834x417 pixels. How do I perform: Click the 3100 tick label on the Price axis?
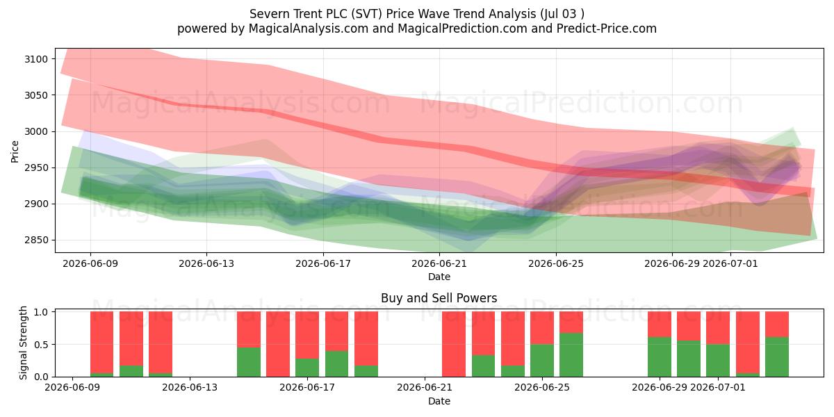pos(36,59)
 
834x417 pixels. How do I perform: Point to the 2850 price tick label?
pos(36,240)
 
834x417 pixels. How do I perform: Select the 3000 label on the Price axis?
pos(36,131)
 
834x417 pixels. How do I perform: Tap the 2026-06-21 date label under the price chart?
pos(439,263)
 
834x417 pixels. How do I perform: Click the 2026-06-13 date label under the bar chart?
pos(190,387)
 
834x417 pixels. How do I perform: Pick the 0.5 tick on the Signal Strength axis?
pos(41,345)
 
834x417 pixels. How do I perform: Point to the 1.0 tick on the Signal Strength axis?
pos(41,312)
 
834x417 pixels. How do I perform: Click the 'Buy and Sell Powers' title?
pos(439,298)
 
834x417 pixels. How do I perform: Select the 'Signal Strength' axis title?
pos(23,343)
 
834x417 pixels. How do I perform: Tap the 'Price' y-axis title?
pos(15,152)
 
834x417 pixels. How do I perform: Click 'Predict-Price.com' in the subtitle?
pos(607,28)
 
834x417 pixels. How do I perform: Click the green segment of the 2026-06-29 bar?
pos(660,357)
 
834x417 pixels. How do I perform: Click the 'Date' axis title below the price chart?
pos(439,277)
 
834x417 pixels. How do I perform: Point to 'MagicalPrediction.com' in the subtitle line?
pos(462,28)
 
